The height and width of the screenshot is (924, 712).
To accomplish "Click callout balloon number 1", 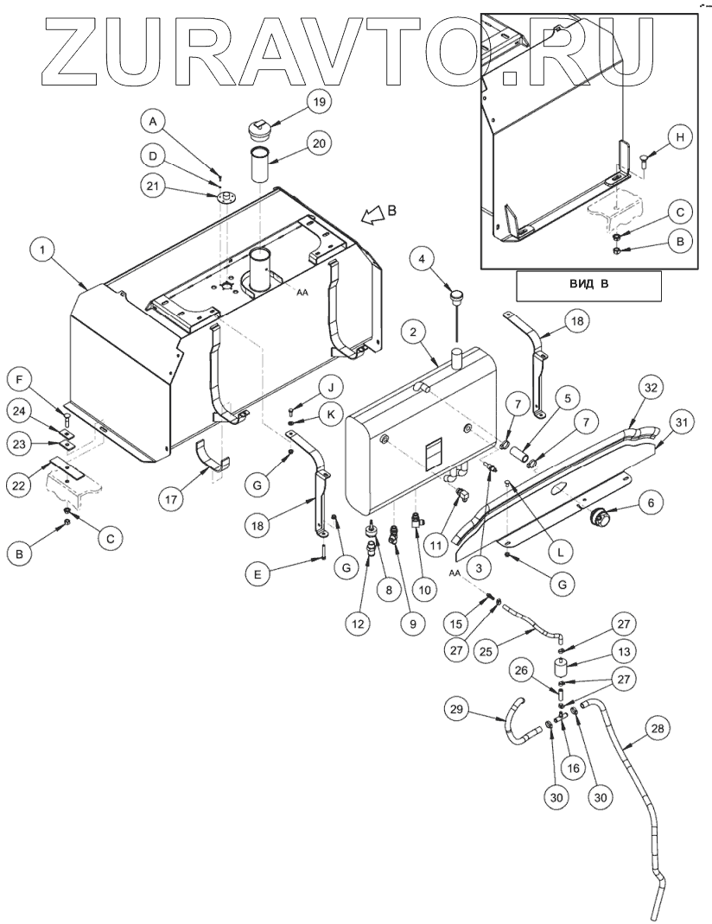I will [41, 250].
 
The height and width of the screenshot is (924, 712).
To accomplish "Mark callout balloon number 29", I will [457, 710].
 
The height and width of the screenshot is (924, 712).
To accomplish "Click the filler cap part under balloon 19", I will [257, 130].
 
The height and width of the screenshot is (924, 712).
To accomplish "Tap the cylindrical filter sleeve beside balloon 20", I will [259, 166].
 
